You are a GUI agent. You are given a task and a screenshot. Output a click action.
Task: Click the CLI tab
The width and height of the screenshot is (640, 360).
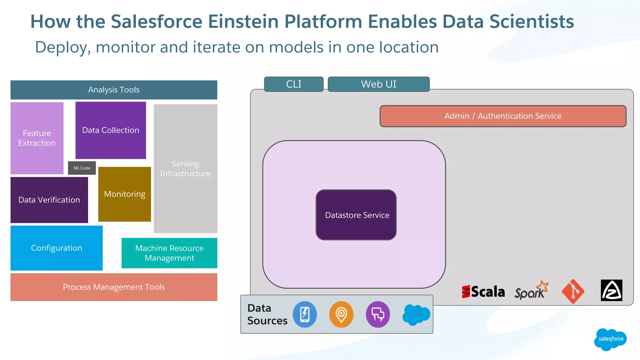coord(294,84)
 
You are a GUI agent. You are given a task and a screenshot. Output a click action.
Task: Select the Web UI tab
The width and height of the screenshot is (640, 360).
coord(378,84)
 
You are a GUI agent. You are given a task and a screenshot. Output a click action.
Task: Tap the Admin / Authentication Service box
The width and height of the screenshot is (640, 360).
coord(503,116)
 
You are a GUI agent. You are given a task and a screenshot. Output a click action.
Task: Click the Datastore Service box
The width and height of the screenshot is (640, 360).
coord(356,215)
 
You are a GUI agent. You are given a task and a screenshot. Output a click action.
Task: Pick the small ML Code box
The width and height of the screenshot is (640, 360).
coord(82,168)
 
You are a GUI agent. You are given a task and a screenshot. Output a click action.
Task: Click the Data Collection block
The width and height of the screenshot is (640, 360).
coord(111,130)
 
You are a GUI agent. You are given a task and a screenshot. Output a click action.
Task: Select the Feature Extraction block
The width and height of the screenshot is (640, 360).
coord(37,138)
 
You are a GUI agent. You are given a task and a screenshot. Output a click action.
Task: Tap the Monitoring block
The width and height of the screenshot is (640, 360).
coord(124,194)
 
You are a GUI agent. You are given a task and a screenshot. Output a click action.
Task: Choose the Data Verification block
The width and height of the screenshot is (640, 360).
coord(49,200)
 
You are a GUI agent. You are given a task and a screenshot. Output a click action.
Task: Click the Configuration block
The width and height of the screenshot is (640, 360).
coord(57,248)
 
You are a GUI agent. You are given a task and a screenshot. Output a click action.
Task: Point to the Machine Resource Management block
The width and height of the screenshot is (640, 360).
coord(169,253)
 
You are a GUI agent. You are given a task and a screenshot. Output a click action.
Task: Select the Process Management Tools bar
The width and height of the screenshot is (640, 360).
coord(114,287)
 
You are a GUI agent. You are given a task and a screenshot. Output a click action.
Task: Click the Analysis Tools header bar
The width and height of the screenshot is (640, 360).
coord(114,90)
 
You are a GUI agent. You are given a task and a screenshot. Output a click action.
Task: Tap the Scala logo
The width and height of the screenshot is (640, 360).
coord(483,292)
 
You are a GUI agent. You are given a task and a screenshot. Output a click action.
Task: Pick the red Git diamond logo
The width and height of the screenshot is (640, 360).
coord(573,291)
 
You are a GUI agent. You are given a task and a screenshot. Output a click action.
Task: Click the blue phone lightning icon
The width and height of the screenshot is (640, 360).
coord(305,314)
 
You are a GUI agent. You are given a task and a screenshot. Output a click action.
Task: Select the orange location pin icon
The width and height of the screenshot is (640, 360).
coord(341,314)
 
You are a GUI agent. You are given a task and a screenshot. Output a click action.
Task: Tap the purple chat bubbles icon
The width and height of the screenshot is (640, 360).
coord(378,314)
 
